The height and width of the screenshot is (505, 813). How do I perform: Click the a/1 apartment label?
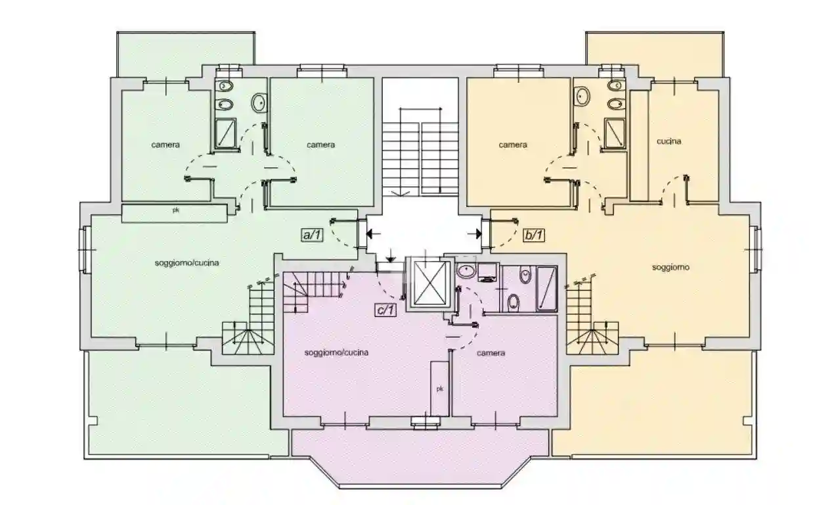(311, 234)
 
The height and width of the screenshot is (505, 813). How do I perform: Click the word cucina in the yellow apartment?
(669, 141)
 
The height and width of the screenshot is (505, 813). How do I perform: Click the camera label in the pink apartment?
(491, 353)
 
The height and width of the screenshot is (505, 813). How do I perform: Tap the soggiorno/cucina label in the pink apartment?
(336, 352)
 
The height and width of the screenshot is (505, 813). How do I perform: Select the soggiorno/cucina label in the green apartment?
(187, 263)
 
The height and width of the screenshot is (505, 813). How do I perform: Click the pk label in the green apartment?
(175, 212)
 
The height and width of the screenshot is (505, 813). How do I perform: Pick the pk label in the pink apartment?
(439, 389)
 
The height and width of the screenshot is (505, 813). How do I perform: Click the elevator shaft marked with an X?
(429, 284)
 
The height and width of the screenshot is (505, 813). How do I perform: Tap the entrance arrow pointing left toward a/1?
(374, 233)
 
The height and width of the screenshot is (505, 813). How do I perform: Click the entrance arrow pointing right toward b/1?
(472, 233)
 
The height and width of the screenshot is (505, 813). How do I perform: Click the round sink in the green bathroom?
(260, 102)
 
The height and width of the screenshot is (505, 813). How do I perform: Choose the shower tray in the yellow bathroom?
(615, 133)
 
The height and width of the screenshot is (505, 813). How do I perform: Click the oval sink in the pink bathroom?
(467, 271)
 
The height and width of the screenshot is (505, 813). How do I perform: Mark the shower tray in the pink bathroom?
(546, 289)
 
